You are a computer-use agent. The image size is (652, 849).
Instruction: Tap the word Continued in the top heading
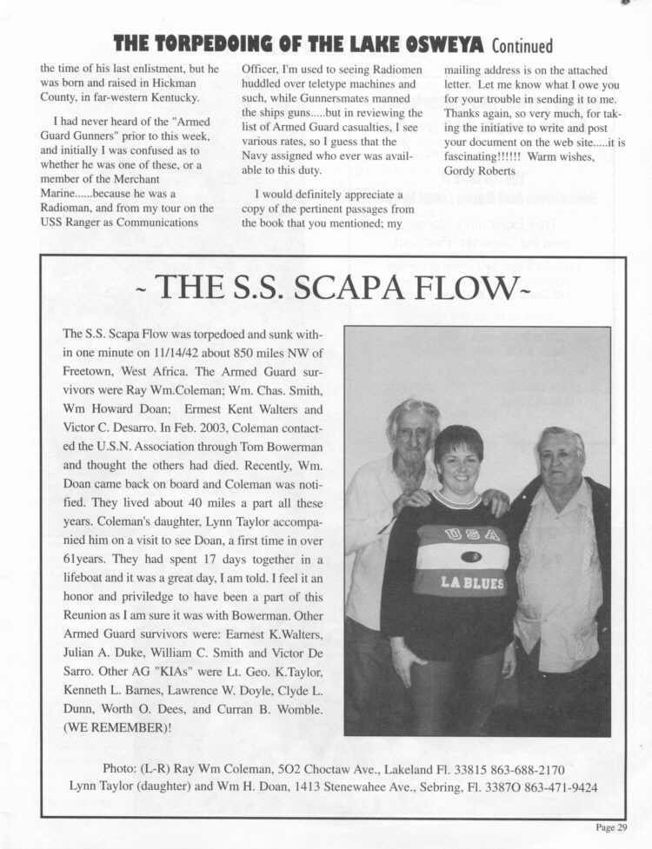click(522, 44)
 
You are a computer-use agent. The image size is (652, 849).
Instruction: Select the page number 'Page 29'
click(611, 827)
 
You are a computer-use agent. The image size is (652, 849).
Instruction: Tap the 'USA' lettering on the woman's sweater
click(472, 534)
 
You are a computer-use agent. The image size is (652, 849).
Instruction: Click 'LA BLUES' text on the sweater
click(472, 583)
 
